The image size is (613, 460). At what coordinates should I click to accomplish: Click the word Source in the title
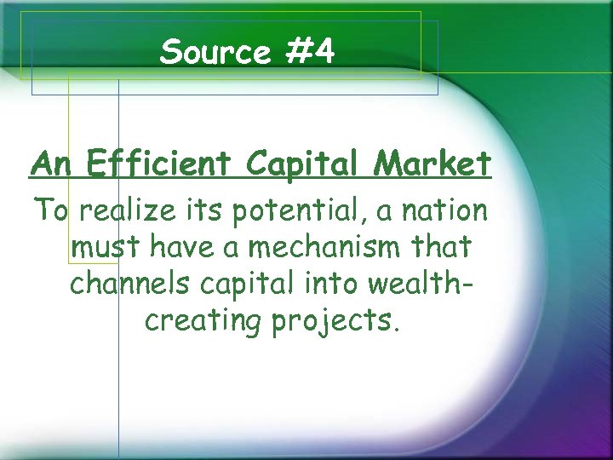click(x=213, y=53)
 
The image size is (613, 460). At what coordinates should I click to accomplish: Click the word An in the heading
click(x=50, y=163)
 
